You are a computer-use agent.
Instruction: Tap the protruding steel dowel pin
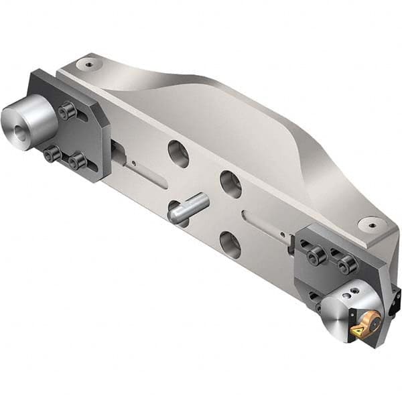pyautogui.click(x=187, y=210)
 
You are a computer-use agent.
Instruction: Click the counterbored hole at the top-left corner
pyautogui.click(x=86, y=64)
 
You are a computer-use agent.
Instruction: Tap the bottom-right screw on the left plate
pyautogui.click(x=76, y=161)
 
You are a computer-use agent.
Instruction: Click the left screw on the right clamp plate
pyautogui.click(x=316, y=255)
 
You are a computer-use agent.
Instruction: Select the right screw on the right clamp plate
pyautogui.click(x=346, y=266)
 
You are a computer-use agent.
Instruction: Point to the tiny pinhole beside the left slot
pyautogui.click(x=134, y=162)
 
